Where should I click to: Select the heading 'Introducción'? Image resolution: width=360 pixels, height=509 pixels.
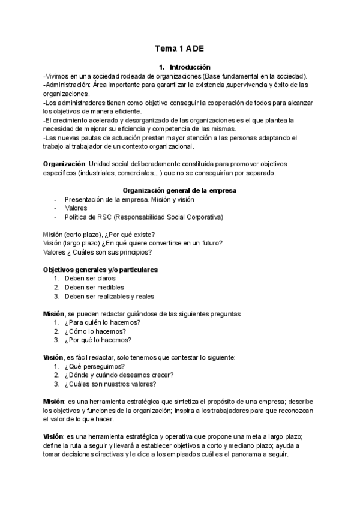(190, 67)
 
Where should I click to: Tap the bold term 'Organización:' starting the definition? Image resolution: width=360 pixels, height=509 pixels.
(65, 164)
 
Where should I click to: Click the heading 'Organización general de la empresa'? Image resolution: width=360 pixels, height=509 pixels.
(180, 190)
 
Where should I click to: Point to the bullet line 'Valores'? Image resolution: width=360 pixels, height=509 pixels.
(76, 208)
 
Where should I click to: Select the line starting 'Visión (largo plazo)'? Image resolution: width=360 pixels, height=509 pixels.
(133, 243)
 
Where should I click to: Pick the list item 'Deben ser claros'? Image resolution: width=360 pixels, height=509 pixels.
(90, 279)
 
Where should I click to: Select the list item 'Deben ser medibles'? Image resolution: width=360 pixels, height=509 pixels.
(94, 288)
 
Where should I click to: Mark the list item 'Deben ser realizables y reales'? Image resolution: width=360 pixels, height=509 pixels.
(109, 297)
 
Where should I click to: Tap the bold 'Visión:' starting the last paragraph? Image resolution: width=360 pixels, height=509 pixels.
(54, 436)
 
